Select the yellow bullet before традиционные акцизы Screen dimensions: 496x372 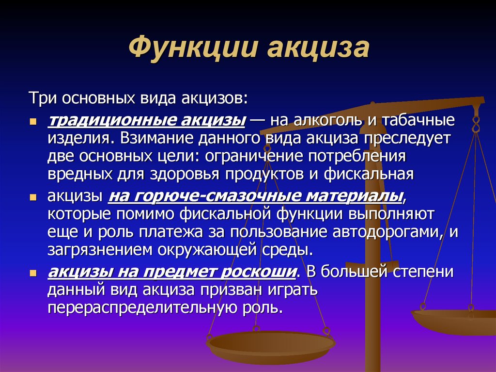pyautogui.click(x=33, y=122)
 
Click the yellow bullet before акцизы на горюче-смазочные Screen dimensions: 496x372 pyautogui.click(x=33, y=197)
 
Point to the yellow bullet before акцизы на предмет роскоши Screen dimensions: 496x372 pyautogui.click(x=33, y=273)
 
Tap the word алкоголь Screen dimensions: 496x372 pyautogui.click(x=328, y=120)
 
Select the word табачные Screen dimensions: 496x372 pyautogui.click(x=418, y=120)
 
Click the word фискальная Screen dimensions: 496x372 pyautogui.click(x=369, y=175)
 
